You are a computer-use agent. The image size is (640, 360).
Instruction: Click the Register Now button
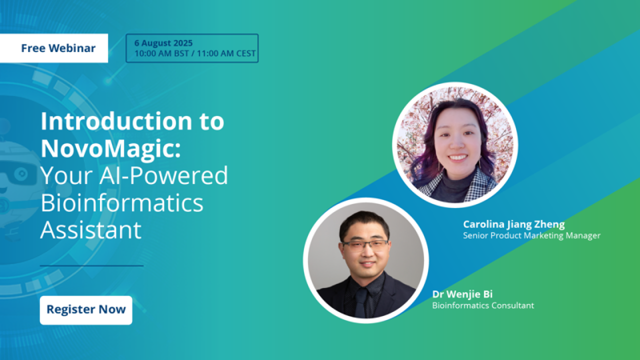86,310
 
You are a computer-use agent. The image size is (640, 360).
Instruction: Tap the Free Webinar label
58,48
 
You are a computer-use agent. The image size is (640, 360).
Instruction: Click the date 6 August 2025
163,43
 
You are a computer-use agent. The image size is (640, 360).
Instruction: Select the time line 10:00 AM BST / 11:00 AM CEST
195,53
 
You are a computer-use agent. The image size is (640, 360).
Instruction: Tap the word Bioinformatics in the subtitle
122,202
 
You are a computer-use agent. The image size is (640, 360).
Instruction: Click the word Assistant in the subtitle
91,230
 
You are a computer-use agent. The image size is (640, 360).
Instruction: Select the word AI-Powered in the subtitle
163,176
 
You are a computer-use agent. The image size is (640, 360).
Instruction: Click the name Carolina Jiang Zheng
513,224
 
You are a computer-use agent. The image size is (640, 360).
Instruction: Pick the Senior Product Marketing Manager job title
531,235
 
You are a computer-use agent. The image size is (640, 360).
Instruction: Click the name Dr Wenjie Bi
462,294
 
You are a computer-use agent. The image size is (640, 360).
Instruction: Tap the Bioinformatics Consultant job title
483,305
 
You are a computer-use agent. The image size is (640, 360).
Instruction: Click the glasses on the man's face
365,245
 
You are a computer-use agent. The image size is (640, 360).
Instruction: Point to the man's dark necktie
361,302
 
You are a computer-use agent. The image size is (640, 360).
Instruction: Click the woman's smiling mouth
457,157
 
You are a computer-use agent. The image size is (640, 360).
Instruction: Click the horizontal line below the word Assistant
91,265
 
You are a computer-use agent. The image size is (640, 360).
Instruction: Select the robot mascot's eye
21,173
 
